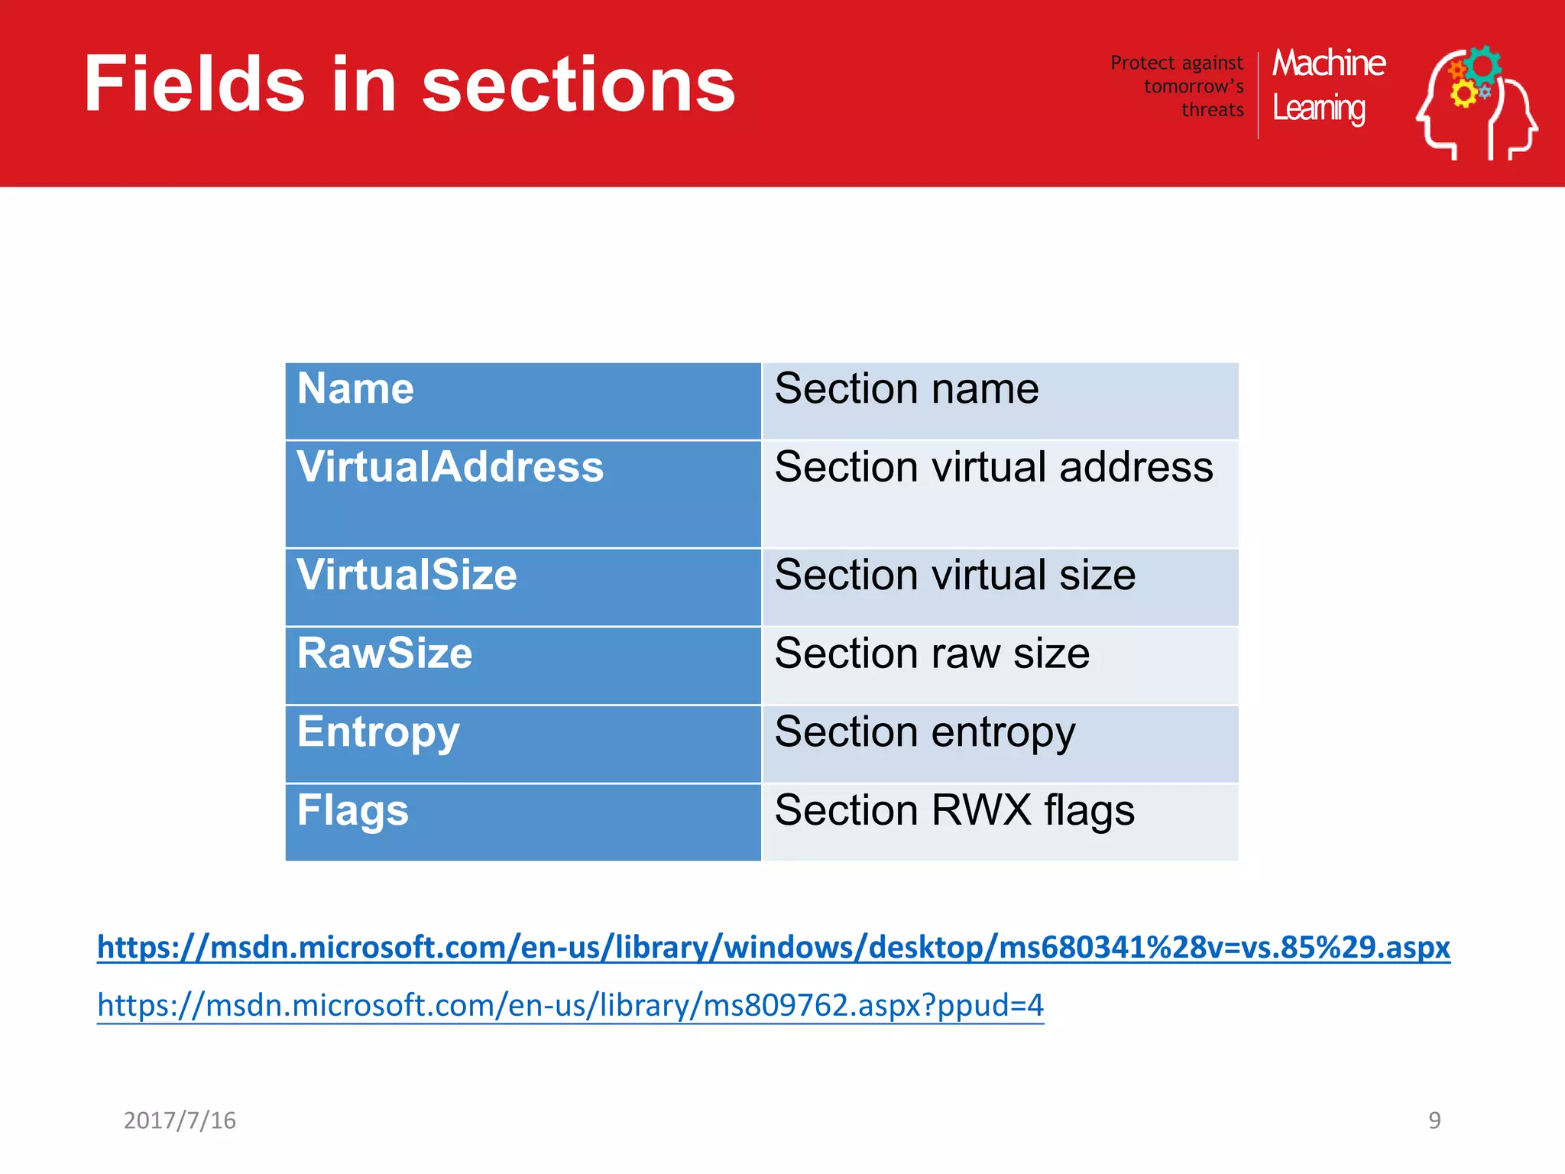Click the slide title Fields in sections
[410, 84]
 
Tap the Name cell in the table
[523, 401]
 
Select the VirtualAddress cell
[523, 493]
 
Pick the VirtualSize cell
[523, 586]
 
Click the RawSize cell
[523, 665]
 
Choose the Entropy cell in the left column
[523, 743]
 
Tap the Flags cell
[523, 822]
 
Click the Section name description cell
[1000, 401]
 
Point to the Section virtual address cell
[1000, 493]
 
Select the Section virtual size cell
[1000, 586]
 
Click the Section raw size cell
[1000, 665]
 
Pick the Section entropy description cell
[1000, 743]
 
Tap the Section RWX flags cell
[1000, 822]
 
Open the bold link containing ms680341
[773, 947]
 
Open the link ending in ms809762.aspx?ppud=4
[570, 1004]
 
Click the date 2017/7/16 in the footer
[180, 1120]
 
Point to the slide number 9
[1434, 1120]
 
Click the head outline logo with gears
[1476, 102]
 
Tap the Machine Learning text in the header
[1328, 86]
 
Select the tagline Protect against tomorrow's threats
[1178, 86]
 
